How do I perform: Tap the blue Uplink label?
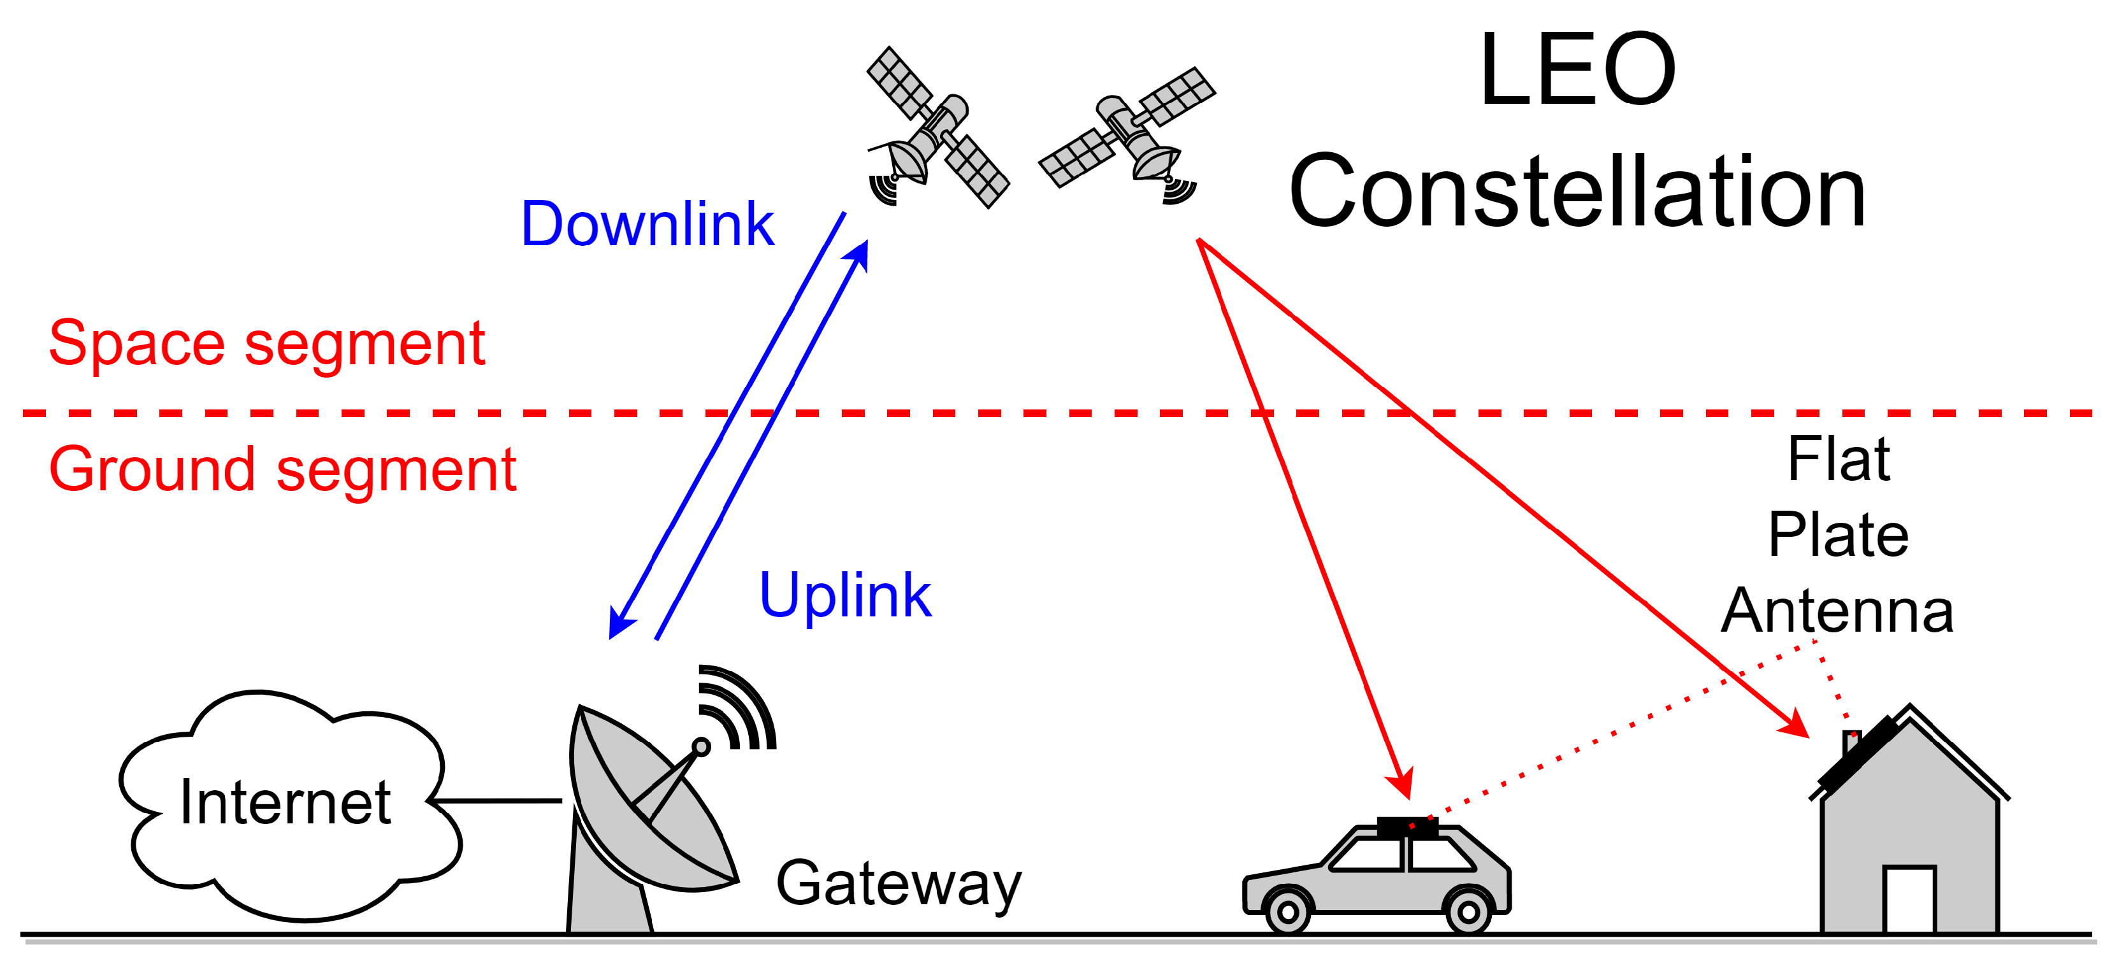pyautogui.click(x=844, y=595)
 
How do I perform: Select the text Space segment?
pyautogui.click(x=266, y=343)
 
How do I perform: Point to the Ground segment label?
pyautogui.click(x=282, y=469)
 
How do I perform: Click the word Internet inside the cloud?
pyautogui.click(x=285, y=802)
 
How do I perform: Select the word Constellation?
pyautogui.click(x=1577, y=192)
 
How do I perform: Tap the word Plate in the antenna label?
pyautogui.click(x=1838, y=534)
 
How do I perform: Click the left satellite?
pyautogui.click(x=937, y=128)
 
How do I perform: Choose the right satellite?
pyautogui.click(x=1127, y=128)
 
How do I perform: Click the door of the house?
pyautogui.click(x=1909, y=899)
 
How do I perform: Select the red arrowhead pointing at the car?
pyautogui.click(x=1401, y=784)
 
